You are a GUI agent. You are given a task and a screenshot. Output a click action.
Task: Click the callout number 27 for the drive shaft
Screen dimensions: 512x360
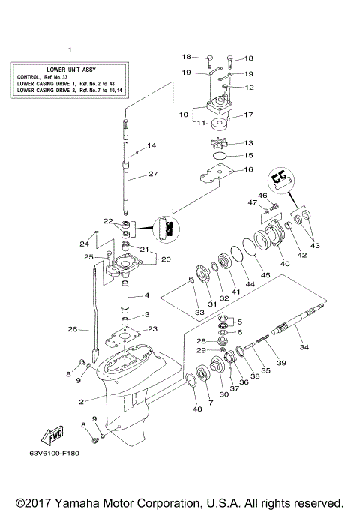[152, 174]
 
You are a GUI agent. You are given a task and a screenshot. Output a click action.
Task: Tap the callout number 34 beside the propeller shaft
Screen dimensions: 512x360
[304, 347]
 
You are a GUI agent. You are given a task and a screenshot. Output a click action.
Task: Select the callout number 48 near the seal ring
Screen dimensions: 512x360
[198, 409]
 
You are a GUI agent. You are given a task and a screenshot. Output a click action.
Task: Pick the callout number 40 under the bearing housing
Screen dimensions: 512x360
[284, 264]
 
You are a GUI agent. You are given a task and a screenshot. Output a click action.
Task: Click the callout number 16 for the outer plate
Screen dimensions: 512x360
[249, 170]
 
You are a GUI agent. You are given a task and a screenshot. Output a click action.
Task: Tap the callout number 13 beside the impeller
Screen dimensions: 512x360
[249, 88]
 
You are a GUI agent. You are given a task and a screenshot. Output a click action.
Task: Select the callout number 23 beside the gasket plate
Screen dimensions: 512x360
[153, 328]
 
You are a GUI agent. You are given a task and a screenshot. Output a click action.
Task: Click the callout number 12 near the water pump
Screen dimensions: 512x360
[249, 88]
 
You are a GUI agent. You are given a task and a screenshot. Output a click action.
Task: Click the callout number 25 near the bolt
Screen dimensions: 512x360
[88, 257]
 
